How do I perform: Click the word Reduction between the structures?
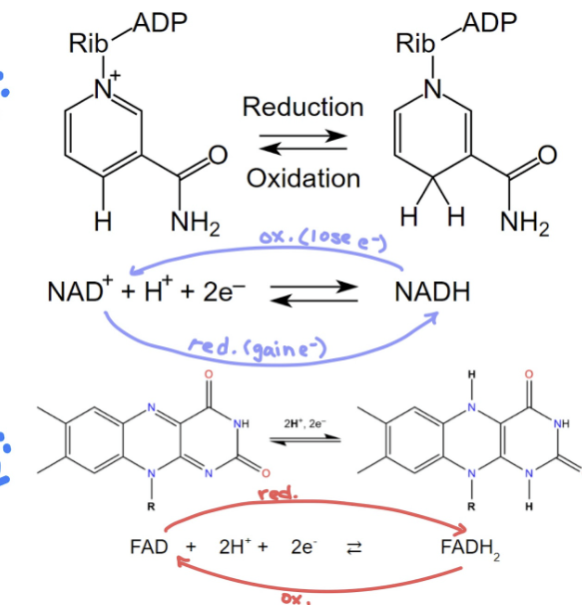(302, 107)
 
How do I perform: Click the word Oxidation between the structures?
(302, 179)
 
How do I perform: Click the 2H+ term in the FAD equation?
(233, 547)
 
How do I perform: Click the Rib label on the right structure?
(415, 44)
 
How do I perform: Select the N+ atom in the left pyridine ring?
(106, 89)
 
